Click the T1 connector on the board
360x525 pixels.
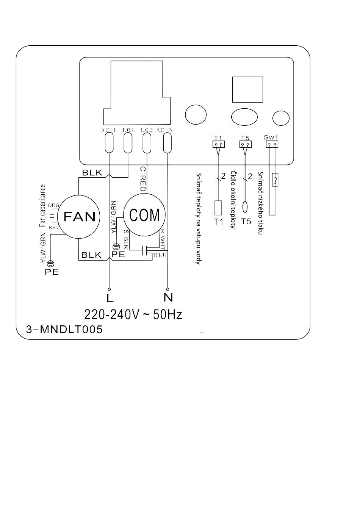219,144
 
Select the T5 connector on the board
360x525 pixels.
245,144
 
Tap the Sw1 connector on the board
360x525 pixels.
272,144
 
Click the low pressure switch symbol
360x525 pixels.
275,180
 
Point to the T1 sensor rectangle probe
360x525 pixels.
218,208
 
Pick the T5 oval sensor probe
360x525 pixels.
245,207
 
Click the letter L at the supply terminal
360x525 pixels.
110,298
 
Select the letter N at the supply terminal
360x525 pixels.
168,297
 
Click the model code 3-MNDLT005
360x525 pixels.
64,330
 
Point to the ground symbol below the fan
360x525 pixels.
50,264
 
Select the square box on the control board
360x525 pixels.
247,89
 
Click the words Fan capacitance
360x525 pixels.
42,206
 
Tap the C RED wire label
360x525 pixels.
143,178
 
